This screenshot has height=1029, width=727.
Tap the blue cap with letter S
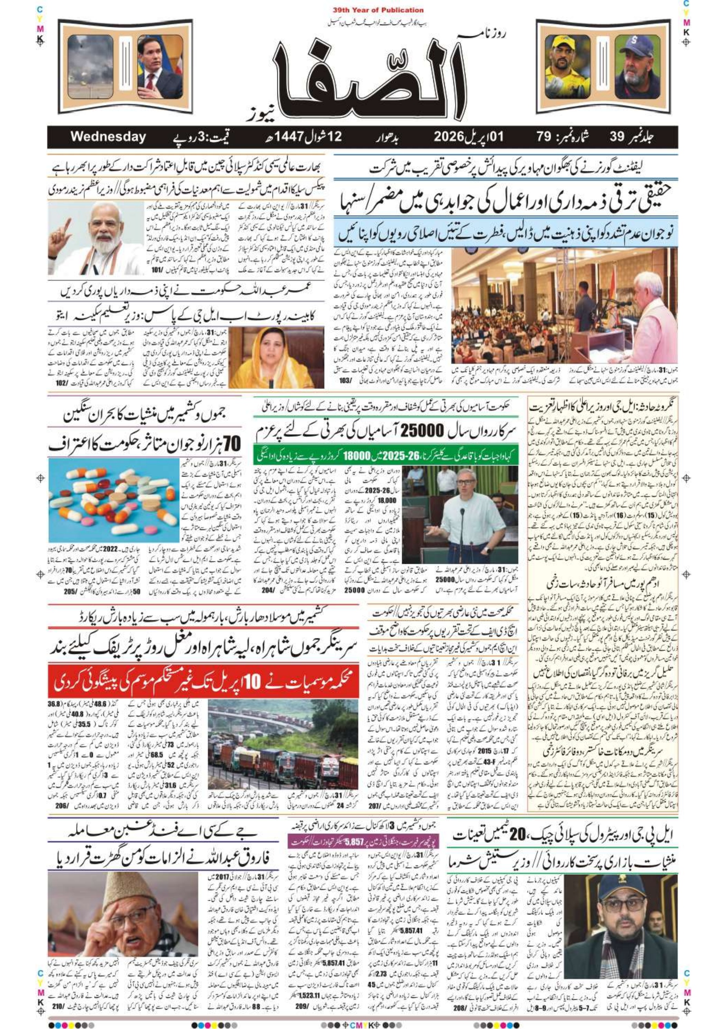point(630,45)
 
